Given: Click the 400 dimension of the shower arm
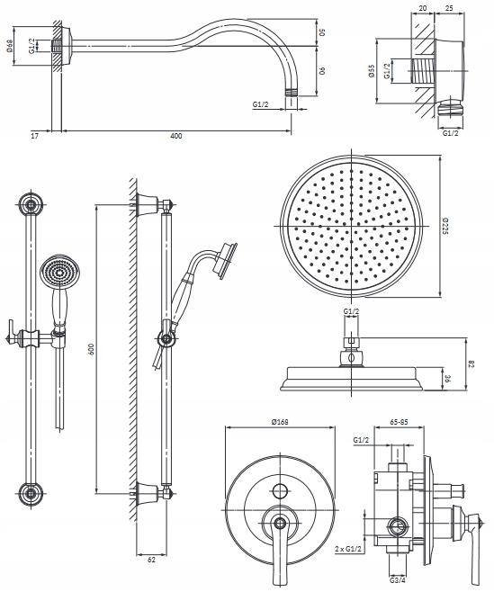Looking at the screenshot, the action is tap(176, 136).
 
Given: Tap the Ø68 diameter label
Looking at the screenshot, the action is tap(10, 46).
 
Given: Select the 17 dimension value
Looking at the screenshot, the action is tap(34, 136).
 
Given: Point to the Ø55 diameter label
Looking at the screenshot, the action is tap(372, 70).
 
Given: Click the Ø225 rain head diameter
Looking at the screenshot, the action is tap(445, 226).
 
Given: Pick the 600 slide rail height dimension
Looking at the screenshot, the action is tap(91, 349).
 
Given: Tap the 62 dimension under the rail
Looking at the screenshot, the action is tap(151, 560).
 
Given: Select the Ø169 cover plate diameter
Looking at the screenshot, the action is tap(280, 422).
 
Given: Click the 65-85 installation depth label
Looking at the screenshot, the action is tap(399, 422).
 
